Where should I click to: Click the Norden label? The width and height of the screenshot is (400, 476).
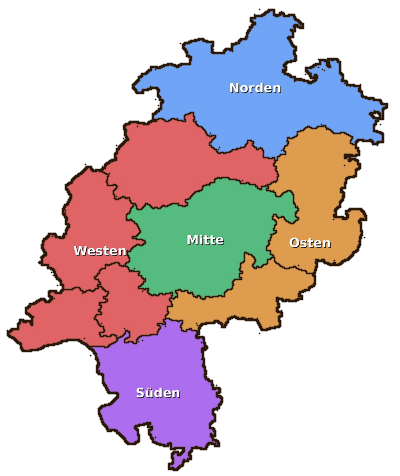point(255,88)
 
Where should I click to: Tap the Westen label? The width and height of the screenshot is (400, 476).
point(100,251)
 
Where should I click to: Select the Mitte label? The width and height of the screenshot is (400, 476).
point(205,240)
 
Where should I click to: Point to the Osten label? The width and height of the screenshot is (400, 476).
point(310,243)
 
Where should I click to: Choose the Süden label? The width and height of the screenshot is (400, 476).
point(158,393)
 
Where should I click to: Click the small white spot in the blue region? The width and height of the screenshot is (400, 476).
point(376,114)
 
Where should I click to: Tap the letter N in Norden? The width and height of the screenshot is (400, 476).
point(234,88)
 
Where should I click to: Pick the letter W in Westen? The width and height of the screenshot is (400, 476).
point(80,251)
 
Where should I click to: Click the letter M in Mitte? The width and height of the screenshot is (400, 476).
point(192,240)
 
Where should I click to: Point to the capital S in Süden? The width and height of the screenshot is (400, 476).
point(140,393)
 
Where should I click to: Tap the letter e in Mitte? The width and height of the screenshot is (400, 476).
point(220,240)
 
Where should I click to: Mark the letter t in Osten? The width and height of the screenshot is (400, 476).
point(311,243)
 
